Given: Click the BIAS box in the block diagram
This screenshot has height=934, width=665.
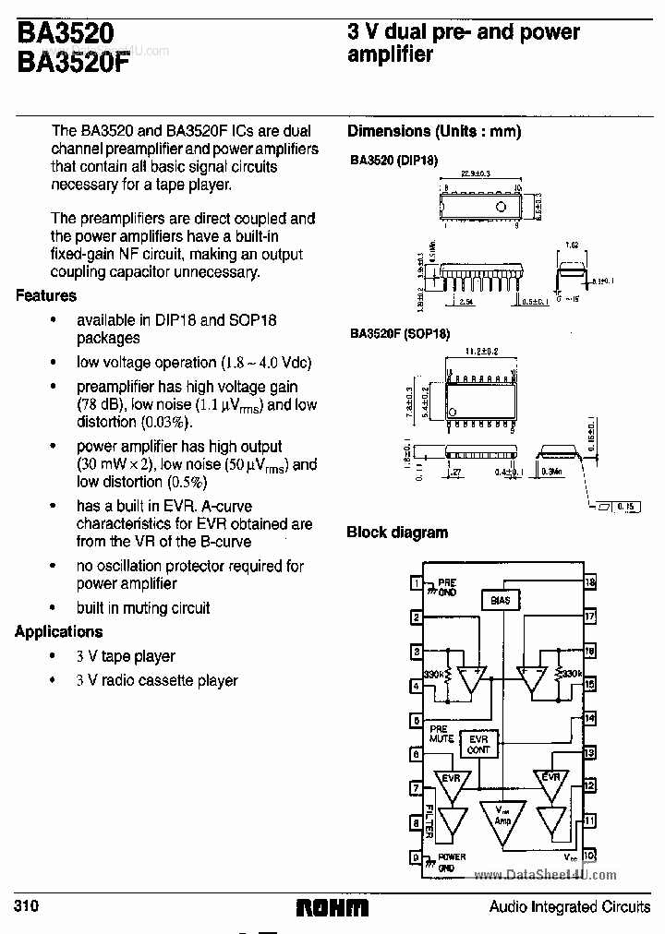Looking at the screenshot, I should click(x=500, y=600).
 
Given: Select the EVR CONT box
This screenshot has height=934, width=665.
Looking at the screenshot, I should click(x=478, y=745).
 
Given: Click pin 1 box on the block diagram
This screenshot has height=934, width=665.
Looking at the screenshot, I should click(x=417, y=583).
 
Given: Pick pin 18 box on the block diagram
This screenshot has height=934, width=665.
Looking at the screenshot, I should click(x=590, y=583).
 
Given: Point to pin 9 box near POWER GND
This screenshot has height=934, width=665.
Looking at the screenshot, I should click(x=417, y=856).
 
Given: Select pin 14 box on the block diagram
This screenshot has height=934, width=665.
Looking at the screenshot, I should click(x=590, y=718).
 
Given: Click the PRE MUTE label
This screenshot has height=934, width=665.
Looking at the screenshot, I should click(x=441, y=734).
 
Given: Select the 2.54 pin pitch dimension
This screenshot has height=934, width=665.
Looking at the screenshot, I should click(x=467, y=301).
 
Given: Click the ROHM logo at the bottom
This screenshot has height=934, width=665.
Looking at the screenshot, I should click(x=332, y=908).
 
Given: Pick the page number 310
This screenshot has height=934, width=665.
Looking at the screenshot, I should click(x=27, y=906).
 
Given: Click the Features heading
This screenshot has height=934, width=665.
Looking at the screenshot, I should click(x=46, y=296).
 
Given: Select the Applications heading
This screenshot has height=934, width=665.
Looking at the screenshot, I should click(x=59, y=632).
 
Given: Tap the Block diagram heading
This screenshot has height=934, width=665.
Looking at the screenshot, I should click(x=397, y=533).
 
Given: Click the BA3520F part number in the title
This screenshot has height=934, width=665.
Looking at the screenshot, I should click(x=73, y=65).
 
